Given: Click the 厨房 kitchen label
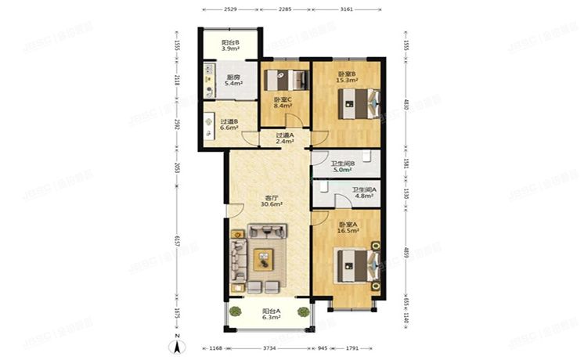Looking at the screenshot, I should [x=233, y=79].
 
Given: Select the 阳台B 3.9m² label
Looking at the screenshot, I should [x=230, y=45].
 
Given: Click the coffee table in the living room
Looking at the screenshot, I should [x=262, y=254].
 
